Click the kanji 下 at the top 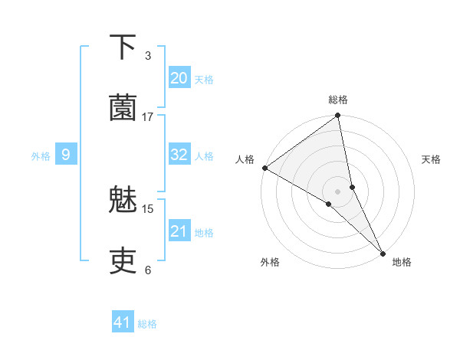click(x=123, y=47)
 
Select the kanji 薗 click(x=123, y=109)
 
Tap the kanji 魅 click(x=123, y=201)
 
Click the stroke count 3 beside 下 click(x=148, y=56)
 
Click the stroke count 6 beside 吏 click(x=148, y=270)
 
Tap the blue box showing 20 click(x=179, y=78)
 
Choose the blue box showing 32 click(x=179, y=155)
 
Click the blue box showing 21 click(x=179, y=231)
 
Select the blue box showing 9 click(x=66, y=155)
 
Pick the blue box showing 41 click(x=123, y=322)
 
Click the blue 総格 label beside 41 click(x=147, y=324)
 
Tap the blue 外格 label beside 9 click(x=41, y=156)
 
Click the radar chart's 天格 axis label click(x=431, y=159)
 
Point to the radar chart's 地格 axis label click(x=402, y=262)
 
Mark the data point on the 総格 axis click(x=338, y=116)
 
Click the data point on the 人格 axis click(x=264, y=168)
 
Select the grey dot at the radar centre click(x=338, y=191)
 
